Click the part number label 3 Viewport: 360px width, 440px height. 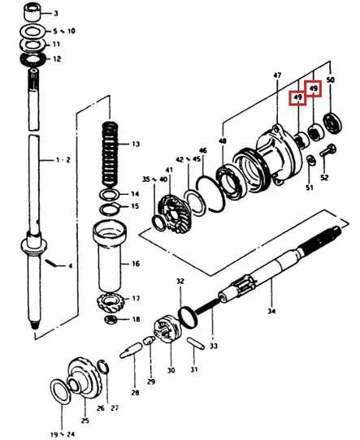(x=56, y=13)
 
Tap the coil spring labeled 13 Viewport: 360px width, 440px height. (x=110, y=154)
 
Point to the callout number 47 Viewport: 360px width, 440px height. (x=277, y=75)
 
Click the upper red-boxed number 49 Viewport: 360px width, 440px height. (x=314, y=88)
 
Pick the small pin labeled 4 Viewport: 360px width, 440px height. (x=50, y=263)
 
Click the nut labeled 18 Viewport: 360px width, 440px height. (x=111, y=319)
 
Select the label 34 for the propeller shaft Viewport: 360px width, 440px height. (x=271, y=311)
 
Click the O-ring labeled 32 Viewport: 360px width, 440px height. (x=187, y=317)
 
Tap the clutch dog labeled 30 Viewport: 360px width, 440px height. (x=167, y=330)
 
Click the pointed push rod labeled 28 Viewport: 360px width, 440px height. (x=131, y=350)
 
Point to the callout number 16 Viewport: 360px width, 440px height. (x=136, y=264)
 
